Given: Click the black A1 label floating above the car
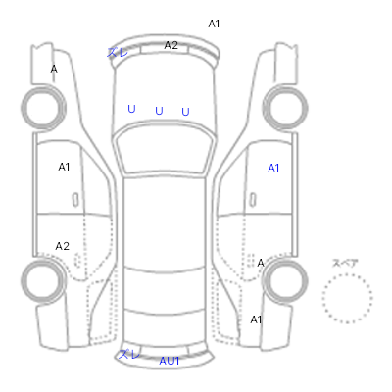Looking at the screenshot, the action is coord(214,24).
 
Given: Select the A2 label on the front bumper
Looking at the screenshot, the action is coord(171,45).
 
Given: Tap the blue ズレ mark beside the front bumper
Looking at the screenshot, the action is coord(118,52).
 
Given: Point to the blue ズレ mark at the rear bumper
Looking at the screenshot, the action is coord(128,354).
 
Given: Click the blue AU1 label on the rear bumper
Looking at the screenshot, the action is coord(170,361).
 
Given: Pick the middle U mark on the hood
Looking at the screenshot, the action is coord(159,111).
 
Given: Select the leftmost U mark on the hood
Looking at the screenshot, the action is coord(131,109).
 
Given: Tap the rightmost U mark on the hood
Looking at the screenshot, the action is coord(185,112).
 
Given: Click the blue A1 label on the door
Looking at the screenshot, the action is coord(273,168).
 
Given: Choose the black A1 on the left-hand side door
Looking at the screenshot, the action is coord(64,167).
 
